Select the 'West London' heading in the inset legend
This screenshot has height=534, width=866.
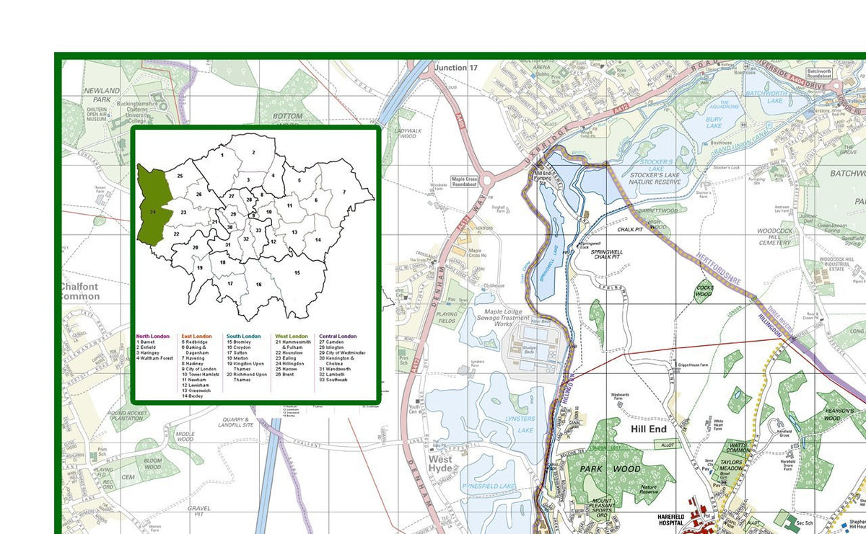(x=291, y=337)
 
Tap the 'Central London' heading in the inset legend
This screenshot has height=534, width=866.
(x=338, y=337)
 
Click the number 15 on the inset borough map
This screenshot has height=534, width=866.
(x=297, y=273)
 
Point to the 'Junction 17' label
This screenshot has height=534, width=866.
(x=455, y=68)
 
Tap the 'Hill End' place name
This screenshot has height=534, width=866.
(x=649, y=429)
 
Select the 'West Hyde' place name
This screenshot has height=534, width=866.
(x=440, y=464)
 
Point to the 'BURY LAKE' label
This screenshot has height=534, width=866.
(x=714, y=123)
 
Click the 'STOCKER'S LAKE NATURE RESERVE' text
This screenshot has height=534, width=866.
(x=655, y=174)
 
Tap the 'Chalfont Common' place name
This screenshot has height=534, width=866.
(x=79, y=291)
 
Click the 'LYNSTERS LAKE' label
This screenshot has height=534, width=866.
(x=520, y=424)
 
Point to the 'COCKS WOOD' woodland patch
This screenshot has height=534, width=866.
(x=704, y=291)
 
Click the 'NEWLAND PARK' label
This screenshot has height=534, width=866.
(x=101, y=94)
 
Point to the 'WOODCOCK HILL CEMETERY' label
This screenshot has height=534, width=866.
(x=774, y=237)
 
